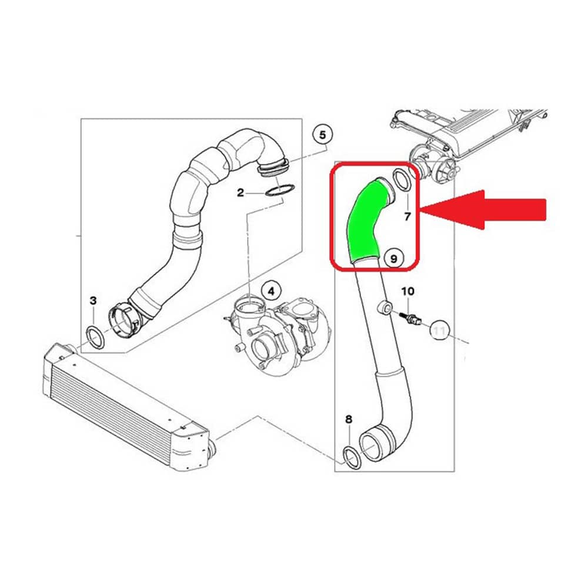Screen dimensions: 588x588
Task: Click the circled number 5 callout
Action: click(x=323, y=135)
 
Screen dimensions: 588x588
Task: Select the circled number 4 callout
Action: click(x=271, y=291)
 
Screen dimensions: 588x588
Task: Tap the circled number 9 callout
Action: click(x=393, y=258)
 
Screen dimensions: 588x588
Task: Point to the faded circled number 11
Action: click(x=439, y=330)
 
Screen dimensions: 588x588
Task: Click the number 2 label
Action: click(x=240, y=192)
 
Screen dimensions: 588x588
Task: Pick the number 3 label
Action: click(x=93, y=300)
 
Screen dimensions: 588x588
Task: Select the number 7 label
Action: click(x=407, y=216)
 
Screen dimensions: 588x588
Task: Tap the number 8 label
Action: click(x=349, y=419)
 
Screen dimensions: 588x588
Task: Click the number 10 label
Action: click(x=407, y=291)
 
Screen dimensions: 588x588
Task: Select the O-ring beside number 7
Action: click(x=402, y=180)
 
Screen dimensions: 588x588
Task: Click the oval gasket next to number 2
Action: click(x=279, y=191)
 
